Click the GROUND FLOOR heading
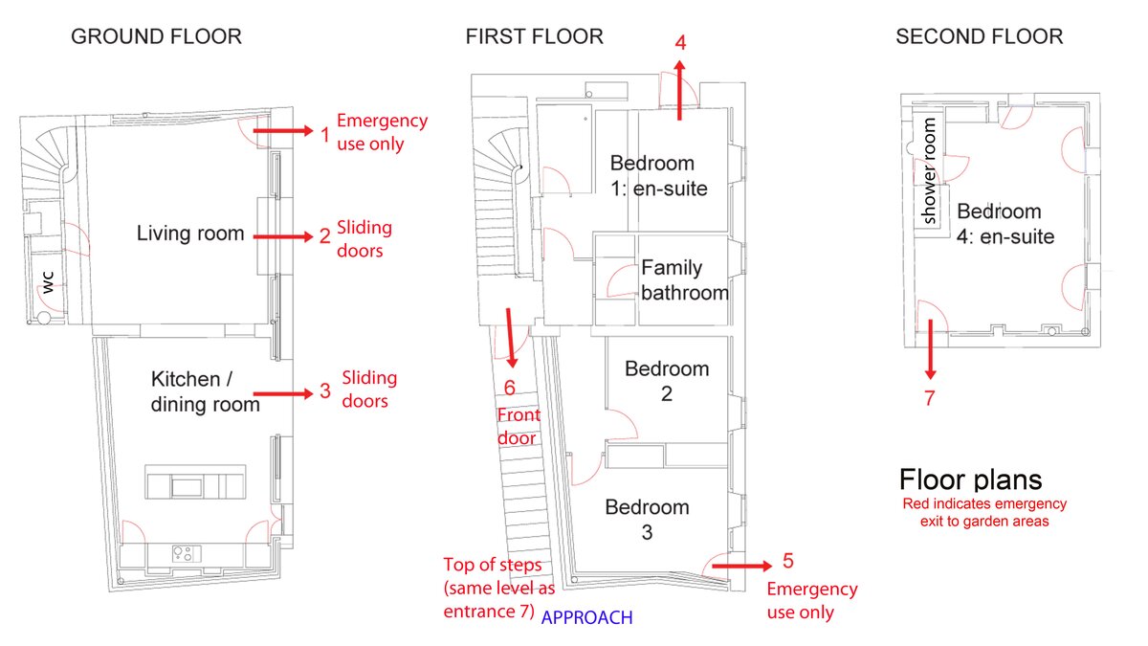pyautogui.click(x=157, y=37)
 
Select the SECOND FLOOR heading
pyautogui.click(x=979, y=37)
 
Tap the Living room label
pyautogui.click(x=190, y=234)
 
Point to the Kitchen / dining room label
pyautogui.click(x=205, y=391)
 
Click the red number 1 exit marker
pyautogui.click(x=324, y=135)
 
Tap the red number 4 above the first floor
pyautogui.click(x=680, y=42)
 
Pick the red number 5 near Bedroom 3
pyautogui.click(x=786, y=561)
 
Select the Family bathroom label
pyautogui.click(x=684, y=280)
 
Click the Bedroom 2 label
pyautogui.click(x=667, y=380)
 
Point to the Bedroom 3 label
pyautogui.click(x=648, y=519)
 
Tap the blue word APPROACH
pyautogui.click(x=586, y=618)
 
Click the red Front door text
pyautogui.click(x=519, y=427)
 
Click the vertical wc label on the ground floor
pyautogui.click(x=47, y=280)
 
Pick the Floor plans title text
pyautogui.click(x=970, y=480)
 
